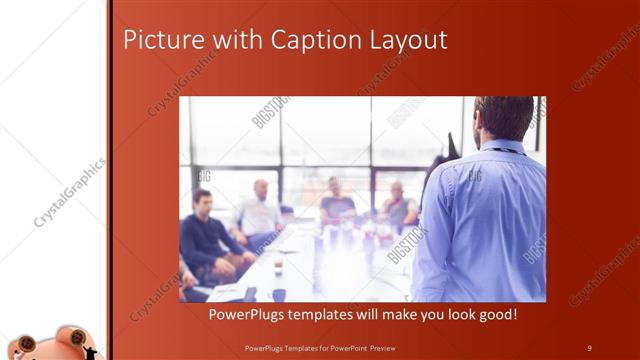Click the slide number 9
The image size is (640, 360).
point(589,347)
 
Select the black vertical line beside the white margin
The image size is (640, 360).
point(110,180)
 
